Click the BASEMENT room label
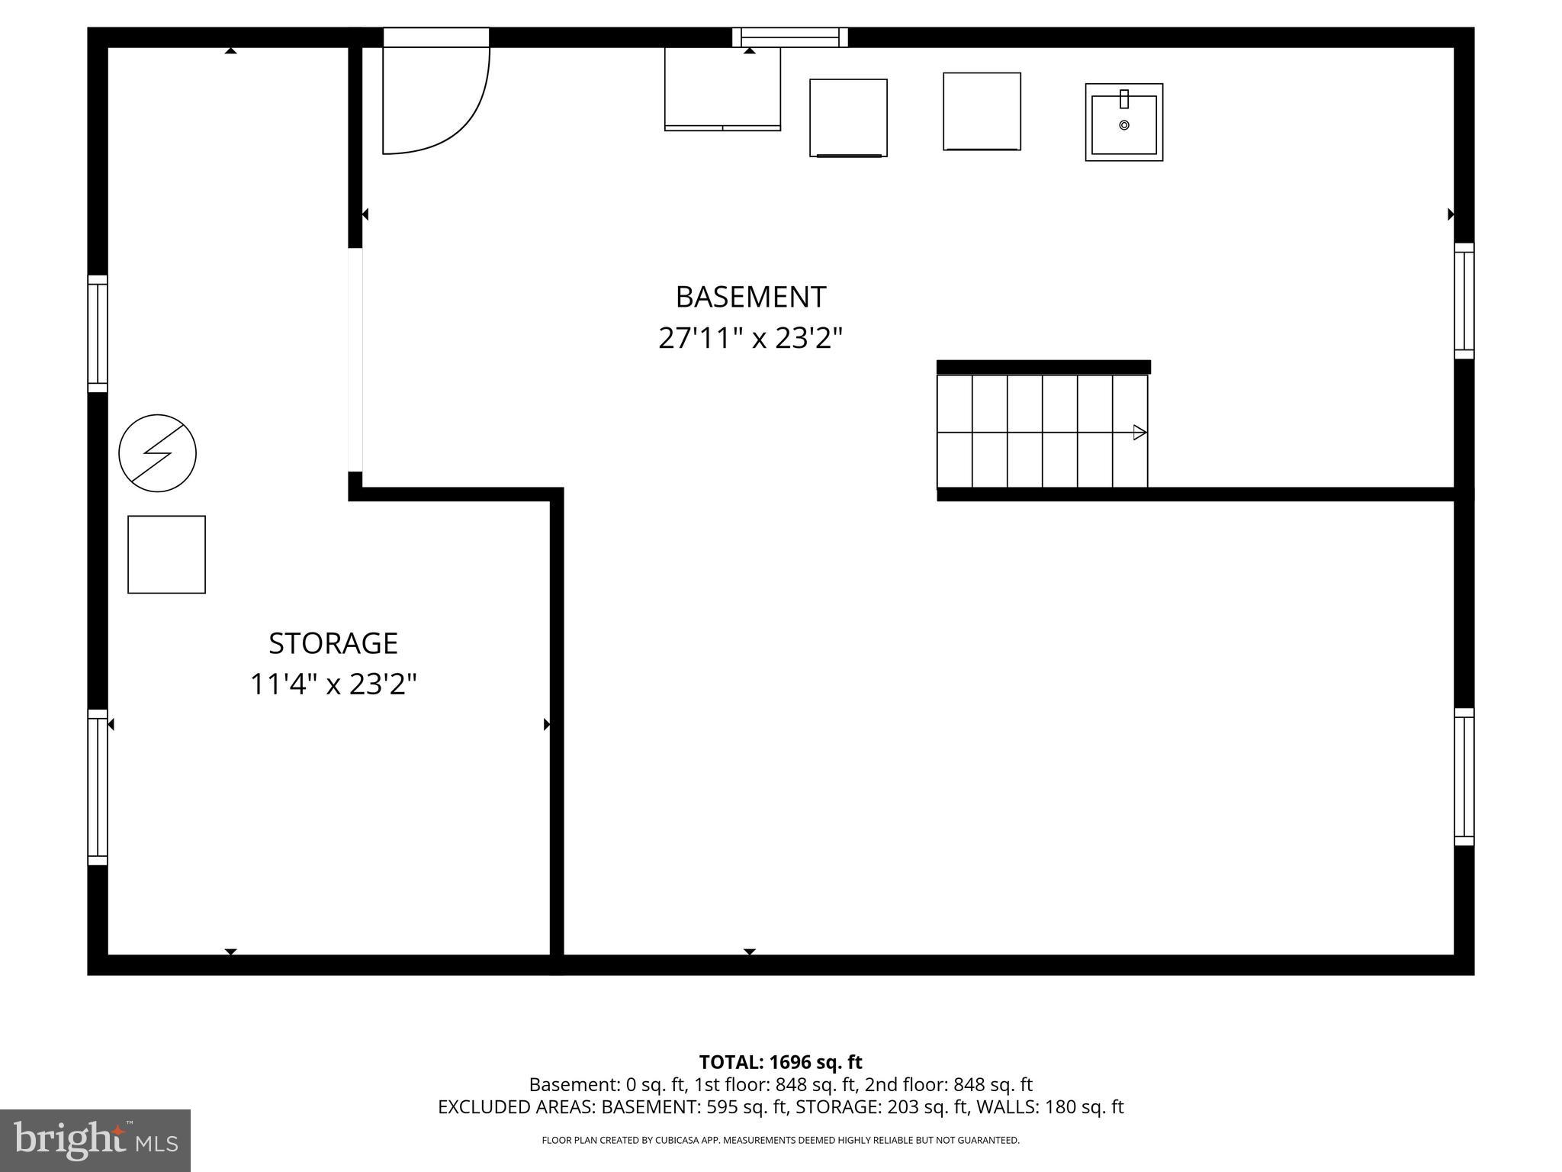[x=750, y=297]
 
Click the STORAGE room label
[x=333, y=643]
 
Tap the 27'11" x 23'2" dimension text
[x=750, y=338]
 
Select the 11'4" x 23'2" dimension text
[x=333, y=684]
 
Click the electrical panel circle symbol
[x=158, y=453]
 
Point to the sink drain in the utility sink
[x=1123, y=125]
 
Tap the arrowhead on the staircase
[x=1139, y=433]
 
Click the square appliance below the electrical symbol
[x=166, y=555]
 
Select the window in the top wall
[x=790, y=37]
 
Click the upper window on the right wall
[x=1464, y=301]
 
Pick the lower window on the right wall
[x=1464, y=777]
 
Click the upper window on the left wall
[x=98, y=333]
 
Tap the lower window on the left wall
[x=98, y=787]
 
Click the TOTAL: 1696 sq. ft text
[x=780, y=1062]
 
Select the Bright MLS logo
[x=95, y=1140]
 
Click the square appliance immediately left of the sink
[x=982, y=111]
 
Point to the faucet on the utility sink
[x=1123, y=99]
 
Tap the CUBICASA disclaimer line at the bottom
[x=780, y=1141]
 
